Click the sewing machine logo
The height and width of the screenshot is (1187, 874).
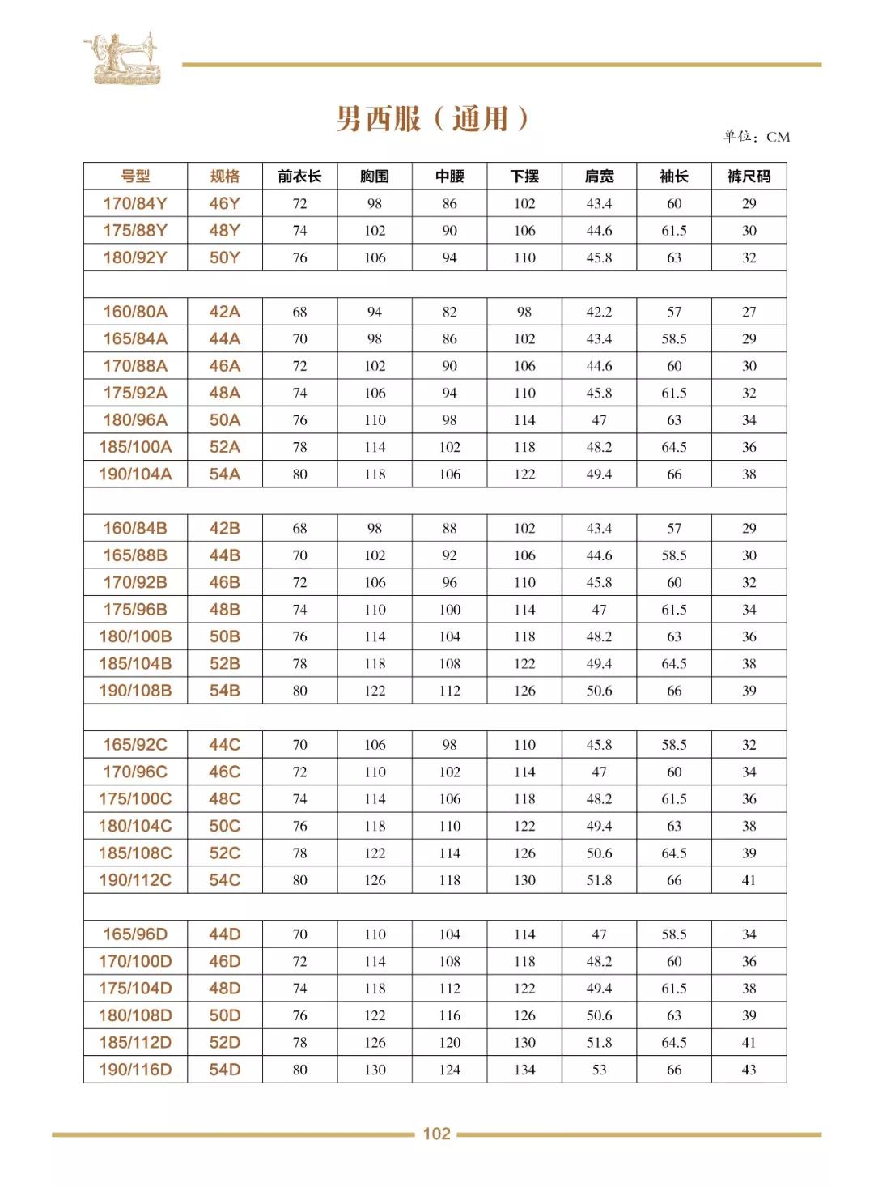[x=123, y=58]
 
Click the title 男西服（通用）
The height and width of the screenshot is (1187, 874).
[x=432, y=119]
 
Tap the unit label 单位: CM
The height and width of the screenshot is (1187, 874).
[x=756, y=137]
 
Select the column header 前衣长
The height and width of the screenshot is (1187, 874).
[x=299, y=177]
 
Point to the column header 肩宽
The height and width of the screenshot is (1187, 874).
[x=599, y=177]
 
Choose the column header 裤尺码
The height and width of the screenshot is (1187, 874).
[x=749, y=177]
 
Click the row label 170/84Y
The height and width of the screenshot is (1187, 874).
[x=135, y=203]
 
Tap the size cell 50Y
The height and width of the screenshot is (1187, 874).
[x=224, y=257]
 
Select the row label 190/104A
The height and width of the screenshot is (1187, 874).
[x=135, y=474]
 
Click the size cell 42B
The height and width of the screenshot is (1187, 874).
[x=224, y=528]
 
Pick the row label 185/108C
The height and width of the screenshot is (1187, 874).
[x=135, y=853]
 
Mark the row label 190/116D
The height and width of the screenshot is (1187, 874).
[x=135, y=1070]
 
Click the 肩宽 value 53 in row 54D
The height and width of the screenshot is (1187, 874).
[x=599, y=1070]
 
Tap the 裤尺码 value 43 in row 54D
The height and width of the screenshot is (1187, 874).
[x=749, y=1070]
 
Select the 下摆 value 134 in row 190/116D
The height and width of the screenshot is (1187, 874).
[x=524, y=1070]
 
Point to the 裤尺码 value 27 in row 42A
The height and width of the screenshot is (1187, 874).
[x=749, y=312]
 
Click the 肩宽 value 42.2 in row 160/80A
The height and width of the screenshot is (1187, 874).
[x=599, y=312]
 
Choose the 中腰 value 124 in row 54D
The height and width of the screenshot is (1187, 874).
[x=449, y=1070]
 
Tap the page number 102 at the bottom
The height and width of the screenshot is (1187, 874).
[x=436, y=1134]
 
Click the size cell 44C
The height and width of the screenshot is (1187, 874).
[x=224, y=745]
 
